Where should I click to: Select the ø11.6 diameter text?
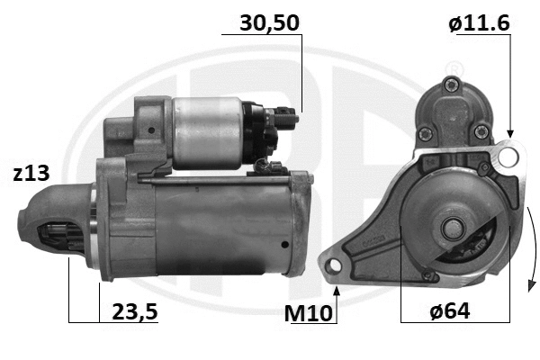coord(479,22)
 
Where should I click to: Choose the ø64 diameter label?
coord(450,311)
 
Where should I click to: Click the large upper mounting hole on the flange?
coord(508,158)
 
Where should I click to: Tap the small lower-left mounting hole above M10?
coord(336,265)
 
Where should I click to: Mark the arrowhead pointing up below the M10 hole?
coord(337,289)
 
